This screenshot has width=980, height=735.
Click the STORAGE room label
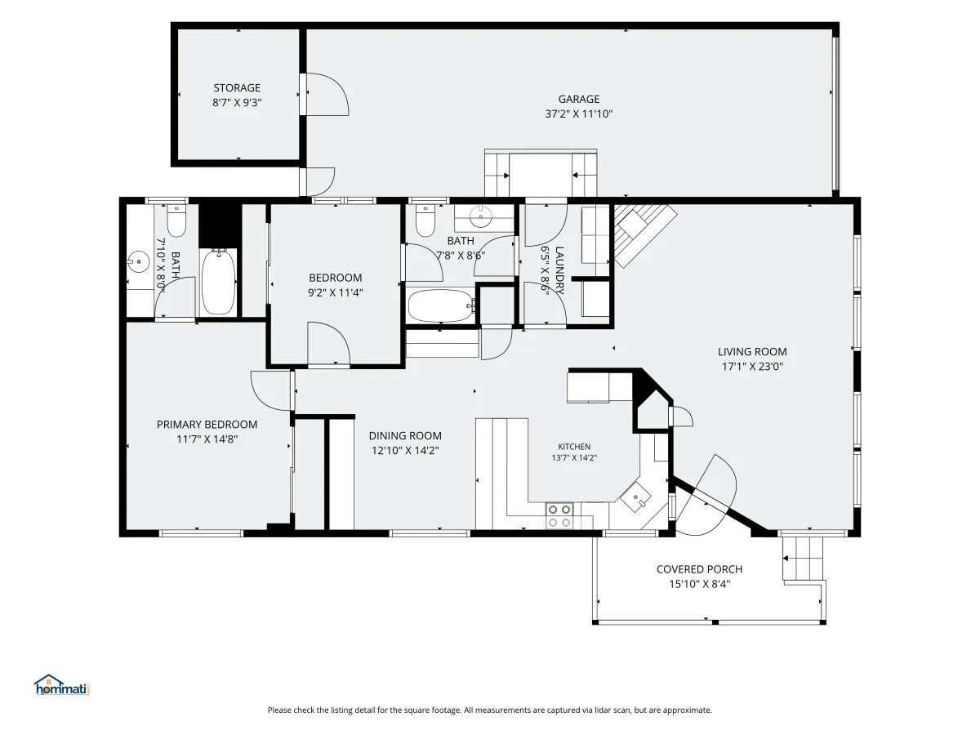pos(237,88)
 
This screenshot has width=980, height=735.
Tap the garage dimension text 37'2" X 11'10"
pos(578,114)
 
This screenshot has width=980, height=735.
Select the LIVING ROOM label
pos(752,352)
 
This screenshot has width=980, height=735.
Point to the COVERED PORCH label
pos(699,569)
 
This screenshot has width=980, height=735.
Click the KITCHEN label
pos(574,446)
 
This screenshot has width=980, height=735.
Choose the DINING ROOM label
pos(405,435)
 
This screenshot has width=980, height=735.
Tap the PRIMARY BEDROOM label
pos(207,425)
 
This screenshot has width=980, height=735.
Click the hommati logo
pos(61,685)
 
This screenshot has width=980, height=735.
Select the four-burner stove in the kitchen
pos(559,516)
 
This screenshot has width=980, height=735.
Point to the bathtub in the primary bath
pos(218,282)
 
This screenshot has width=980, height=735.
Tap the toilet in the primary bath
pos(176,220)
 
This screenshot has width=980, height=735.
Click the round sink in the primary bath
pos(138,261)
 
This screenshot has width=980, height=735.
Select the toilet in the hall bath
pos(425,220)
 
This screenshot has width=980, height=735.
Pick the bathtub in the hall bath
pos(442,305)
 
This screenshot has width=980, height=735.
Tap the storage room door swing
pos(326,94)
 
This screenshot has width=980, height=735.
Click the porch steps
pos(803,559)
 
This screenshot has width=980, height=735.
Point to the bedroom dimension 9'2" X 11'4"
pos(336,292)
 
